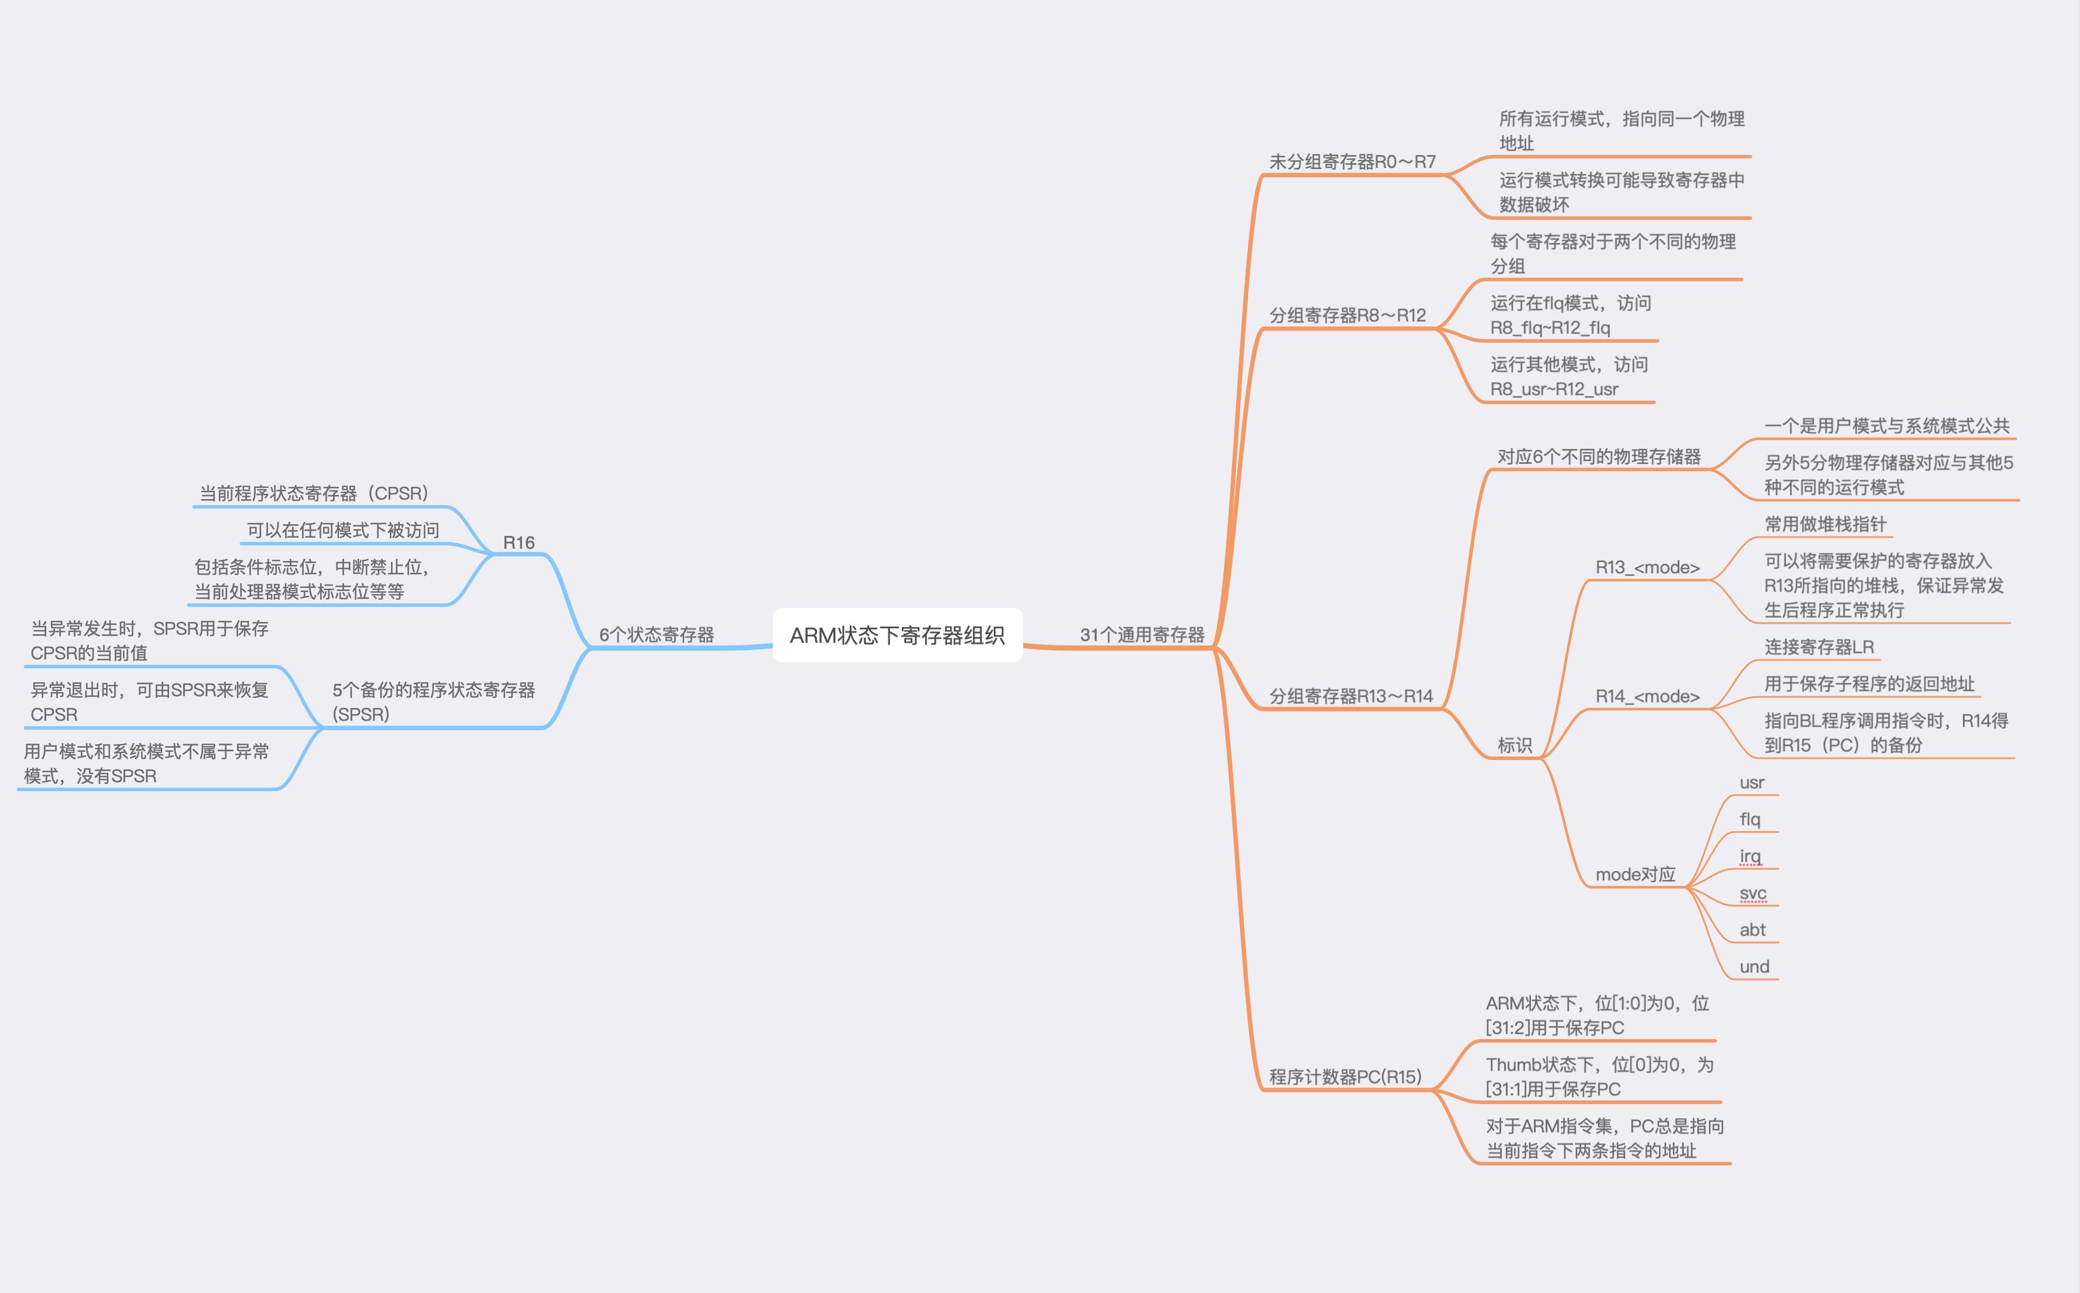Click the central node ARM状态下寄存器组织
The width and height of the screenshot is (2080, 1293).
pos(897,635)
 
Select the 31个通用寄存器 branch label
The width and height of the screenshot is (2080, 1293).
pos(1142,635)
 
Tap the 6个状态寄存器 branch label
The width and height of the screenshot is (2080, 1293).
pos(656,635)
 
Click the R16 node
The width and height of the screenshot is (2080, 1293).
pos(519,542)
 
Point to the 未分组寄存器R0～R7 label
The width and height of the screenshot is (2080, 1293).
pos(1352,161)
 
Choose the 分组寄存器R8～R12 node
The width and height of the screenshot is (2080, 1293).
pos(1347,315)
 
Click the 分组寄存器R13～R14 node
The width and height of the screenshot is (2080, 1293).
pos(1350,696)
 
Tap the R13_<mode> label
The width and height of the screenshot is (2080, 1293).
pos(1647,567)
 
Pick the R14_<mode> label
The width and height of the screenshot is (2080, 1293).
pos(1647,696)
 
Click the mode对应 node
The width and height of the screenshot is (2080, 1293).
pos(1635,874)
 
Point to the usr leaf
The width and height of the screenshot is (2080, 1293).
pos(1752,782)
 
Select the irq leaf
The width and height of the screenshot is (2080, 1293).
pos(1750,856)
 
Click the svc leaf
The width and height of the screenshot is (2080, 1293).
pos(1752,893)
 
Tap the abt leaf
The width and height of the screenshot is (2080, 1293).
pos(1752,930)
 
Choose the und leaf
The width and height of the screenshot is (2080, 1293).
pos(1754,967)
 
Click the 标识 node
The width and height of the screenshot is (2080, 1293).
pos(1515,745)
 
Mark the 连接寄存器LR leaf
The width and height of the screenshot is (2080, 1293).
pos(1819,647)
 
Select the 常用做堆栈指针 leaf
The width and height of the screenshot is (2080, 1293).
pos(1825,524)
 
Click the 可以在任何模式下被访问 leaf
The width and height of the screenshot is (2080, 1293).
pos(343,530)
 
